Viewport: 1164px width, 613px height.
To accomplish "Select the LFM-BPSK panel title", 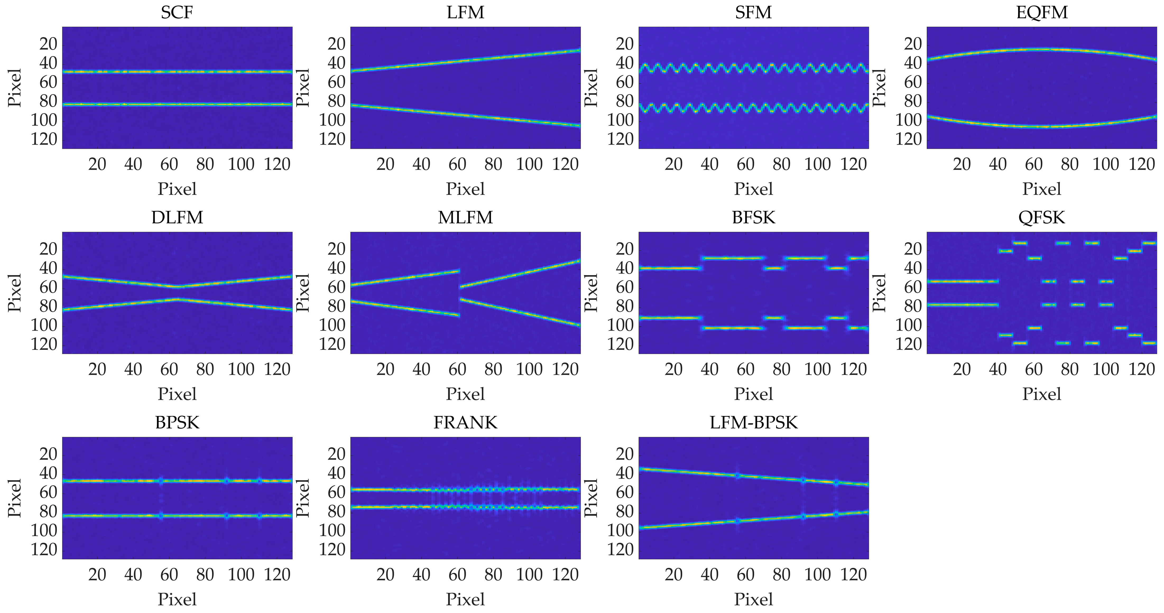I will pyautogui.click(x=753, y=422).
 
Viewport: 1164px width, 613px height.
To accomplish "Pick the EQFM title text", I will pyautogui.click(x=1042, y=12).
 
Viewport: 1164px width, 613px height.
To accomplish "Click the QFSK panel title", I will pyautogui.click(x=1042, y=217).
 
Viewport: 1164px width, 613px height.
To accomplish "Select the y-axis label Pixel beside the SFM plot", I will pyautogui.click(x=590, y=88).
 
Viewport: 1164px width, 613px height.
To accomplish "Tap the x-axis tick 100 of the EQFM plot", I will pyautogui.click(x=1105, y=164).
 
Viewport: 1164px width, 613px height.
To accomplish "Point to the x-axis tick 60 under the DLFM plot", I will pyautogui.click(x=169, y=369).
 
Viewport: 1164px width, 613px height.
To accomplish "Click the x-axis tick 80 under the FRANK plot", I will pyautogui.click(x=493, y=575).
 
